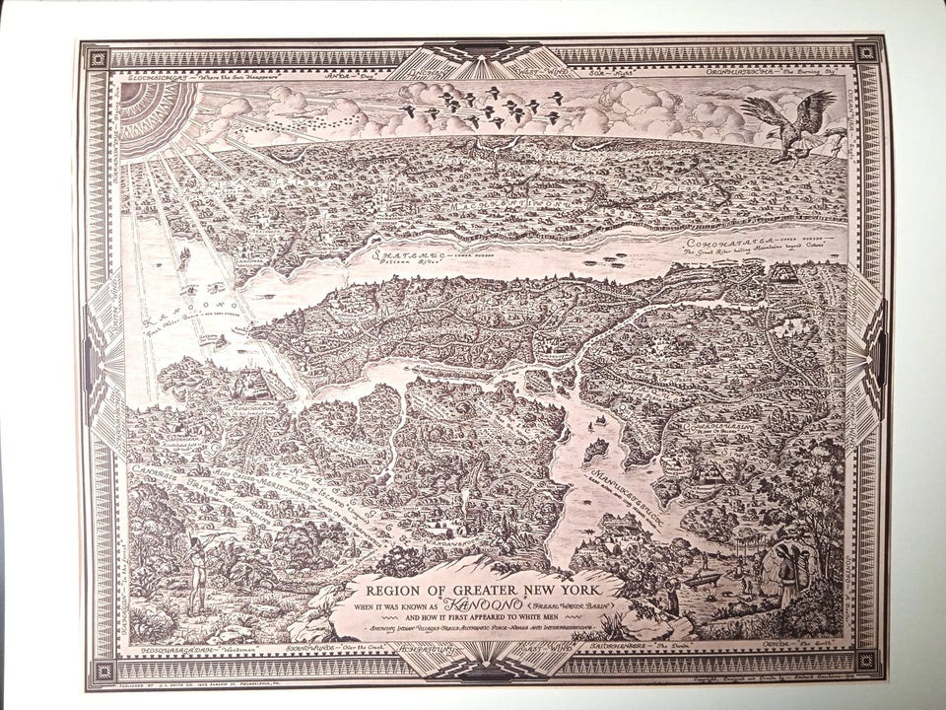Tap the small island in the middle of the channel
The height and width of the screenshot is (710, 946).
coord(594,452)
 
